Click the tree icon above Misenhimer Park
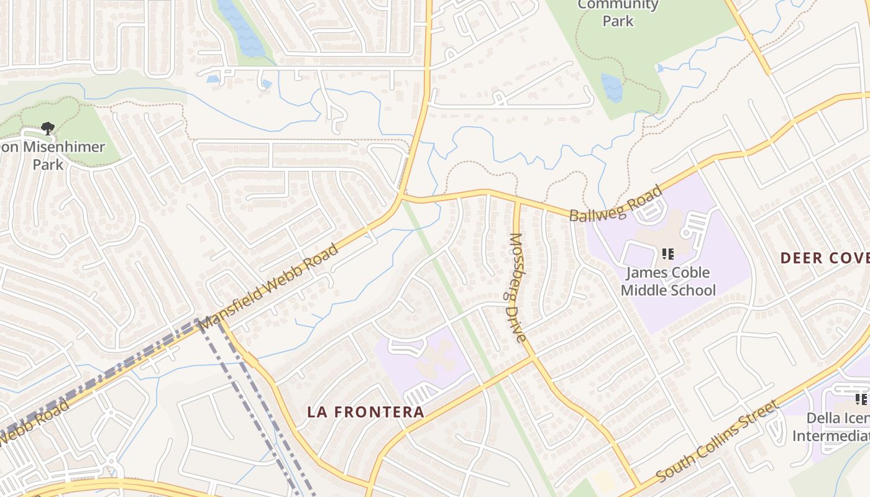tap(47, 129)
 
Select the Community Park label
tap(618, 13)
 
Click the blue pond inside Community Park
tap(612, 87)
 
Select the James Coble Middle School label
tap(668, 281)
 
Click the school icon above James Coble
tap(668, 253)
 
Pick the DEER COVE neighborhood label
tap(824, 258)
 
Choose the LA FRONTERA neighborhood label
tap(366, 412)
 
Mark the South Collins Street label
tap(717, 442)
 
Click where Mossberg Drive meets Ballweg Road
tap(516, 200)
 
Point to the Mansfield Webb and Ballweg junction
tap(401, 197)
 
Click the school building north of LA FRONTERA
tap(431, 360)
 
